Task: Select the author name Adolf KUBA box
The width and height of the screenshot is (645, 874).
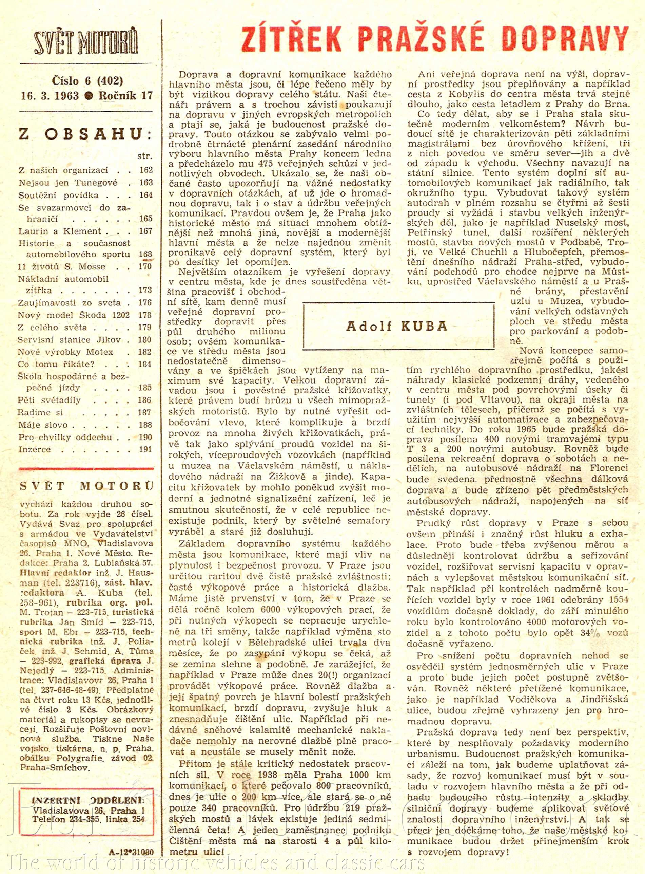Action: click(398, 326)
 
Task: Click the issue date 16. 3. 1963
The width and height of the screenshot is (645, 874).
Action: click(50, 96)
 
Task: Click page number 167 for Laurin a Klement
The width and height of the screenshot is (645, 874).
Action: click(145, 231)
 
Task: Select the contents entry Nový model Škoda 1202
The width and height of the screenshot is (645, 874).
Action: click(73, 315)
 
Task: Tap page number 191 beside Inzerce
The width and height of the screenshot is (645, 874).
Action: click(145, 449)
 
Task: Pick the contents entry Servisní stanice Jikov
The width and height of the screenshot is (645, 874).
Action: click(69, 339)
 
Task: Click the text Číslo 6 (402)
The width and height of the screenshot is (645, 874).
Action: click(87, 81)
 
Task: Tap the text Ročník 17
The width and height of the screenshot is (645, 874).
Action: click(126, 96)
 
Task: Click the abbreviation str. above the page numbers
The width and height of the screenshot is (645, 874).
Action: click(144, 156)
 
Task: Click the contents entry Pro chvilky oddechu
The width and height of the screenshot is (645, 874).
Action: click(65, 437)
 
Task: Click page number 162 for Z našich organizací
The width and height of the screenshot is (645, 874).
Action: click(145, 170)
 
